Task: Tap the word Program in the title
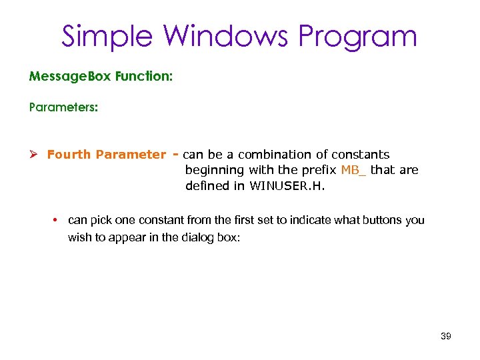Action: tap(358, 36)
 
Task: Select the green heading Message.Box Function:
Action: tap(101, 77)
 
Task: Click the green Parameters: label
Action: tap(63, 107)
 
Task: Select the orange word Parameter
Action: tap(130, 155)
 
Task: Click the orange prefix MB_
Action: tap(353, 170)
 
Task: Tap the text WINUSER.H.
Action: tap(287, 186)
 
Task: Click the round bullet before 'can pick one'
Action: tap(58, 220)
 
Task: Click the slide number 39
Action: tap(446, 337)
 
